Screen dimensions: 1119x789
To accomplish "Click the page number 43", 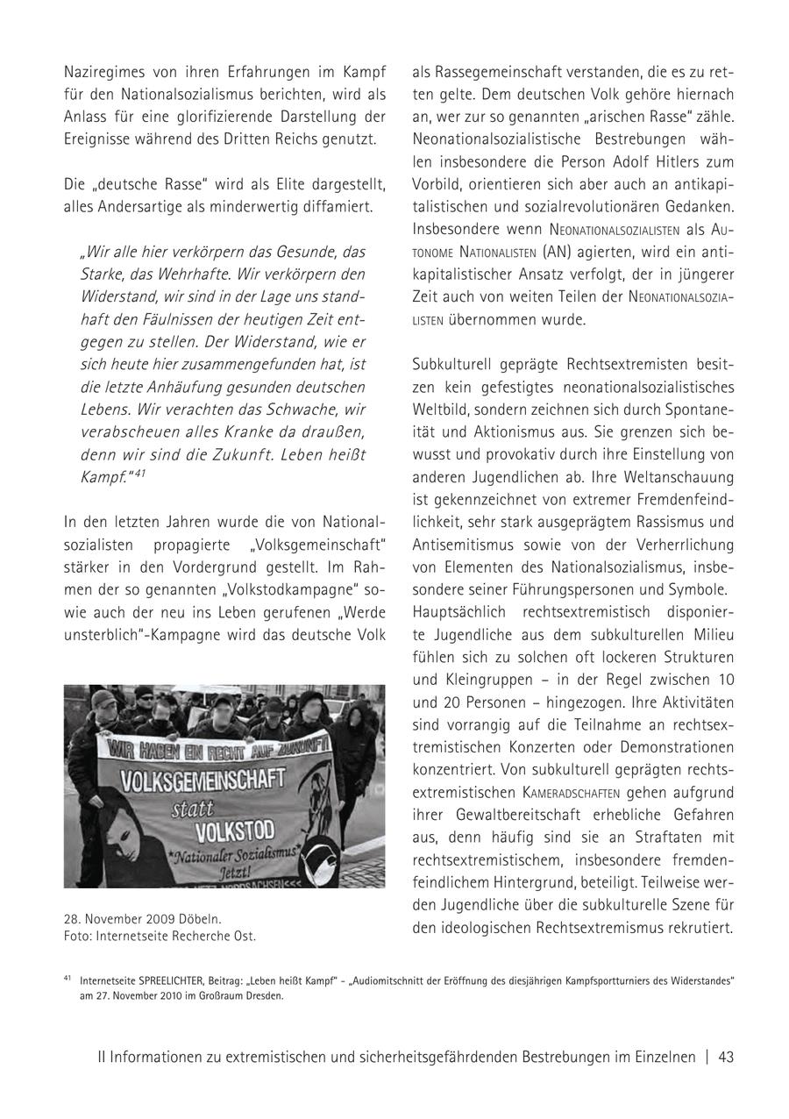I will pyautogui.click(x=726, y=1058).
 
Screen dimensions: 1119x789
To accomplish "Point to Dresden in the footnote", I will pyautogui.click(x=267, y=995).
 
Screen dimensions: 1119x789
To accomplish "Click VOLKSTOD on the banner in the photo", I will pyautogui.click(x=234, y=830).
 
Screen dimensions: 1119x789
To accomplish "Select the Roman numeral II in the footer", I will pyautogui.click(x=103, y=1058).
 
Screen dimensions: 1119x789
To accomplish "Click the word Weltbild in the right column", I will pyautogui.click(x=439, y=410).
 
